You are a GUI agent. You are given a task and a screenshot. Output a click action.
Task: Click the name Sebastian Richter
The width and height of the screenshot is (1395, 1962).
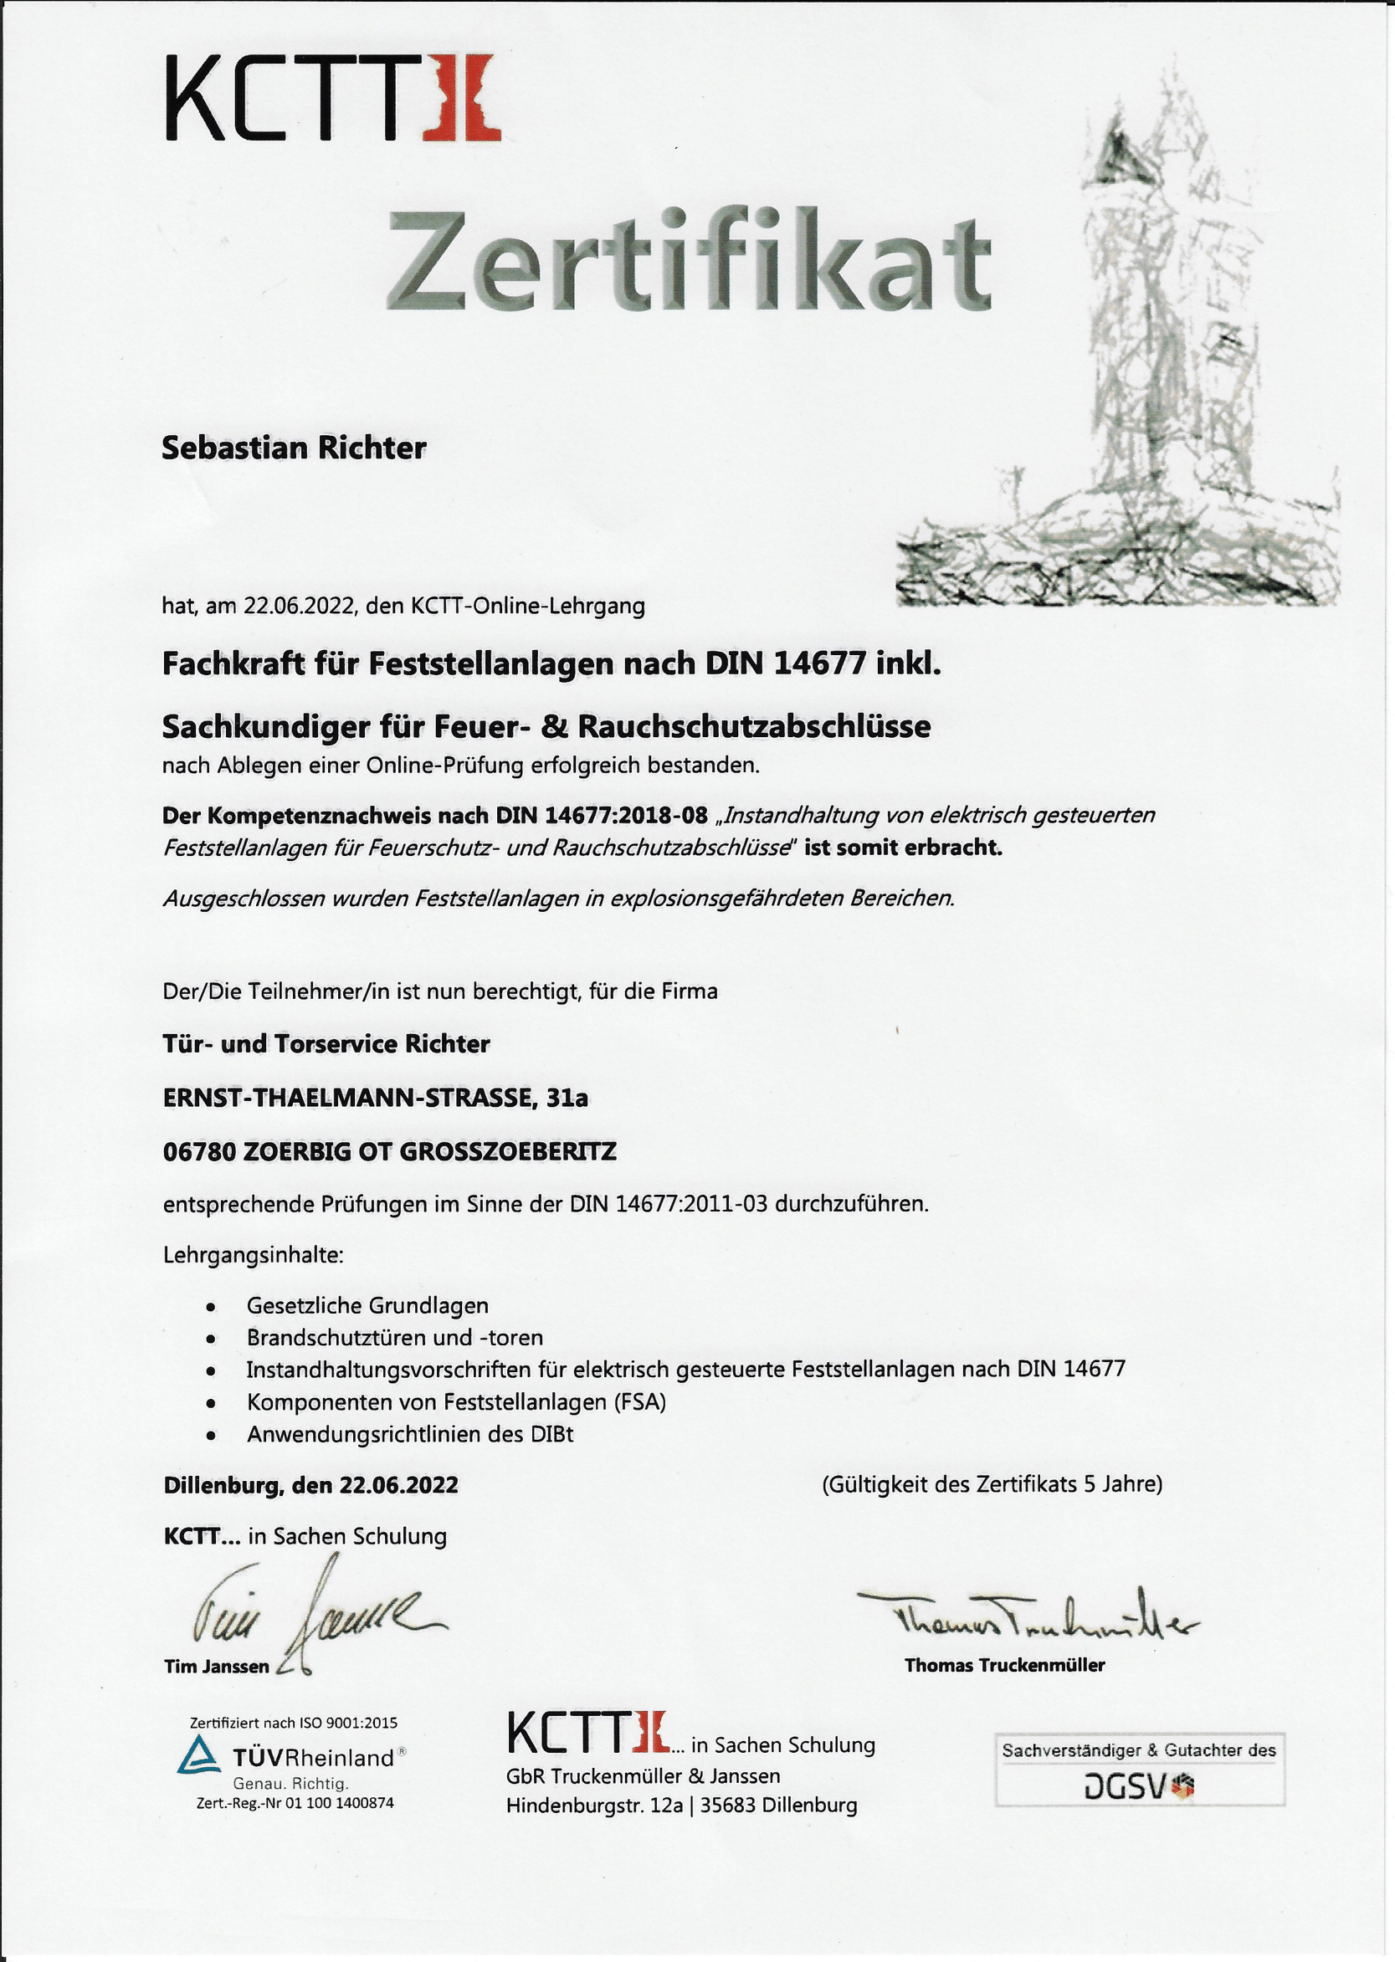click(294, 448)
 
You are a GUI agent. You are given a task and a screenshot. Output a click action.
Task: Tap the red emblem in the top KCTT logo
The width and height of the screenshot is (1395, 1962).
click(462, 97)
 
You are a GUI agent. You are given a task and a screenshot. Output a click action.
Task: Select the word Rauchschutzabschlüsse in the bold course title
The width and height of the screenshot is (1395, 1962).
click(754, 726)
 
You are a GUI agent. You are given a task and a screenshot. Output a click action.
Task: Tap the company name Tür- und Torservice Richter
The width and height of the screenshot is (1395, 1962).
click(326, 1044)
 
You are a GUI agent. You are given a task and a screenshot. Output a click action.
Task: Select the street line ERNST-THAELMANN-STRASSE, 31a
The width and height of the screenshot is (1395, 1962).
click(376, 1098)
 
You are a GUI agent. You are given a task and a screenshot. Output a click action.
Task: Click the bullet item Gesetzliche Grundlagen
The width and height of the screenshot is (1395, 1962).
click(367, 1305)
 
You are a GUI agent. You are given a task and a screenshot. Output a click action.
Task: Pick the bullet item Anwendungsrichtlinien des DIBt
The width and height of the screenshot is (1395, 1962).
click(410, 1434)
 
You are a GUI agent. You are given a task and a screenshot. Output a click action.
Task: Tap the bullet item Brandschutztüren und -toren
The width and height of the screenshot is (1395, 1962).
click(394, 1338)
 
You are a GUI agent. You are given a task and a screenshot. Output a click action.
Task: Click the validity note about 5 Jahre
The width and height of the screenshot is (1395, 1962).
click(992, 1484)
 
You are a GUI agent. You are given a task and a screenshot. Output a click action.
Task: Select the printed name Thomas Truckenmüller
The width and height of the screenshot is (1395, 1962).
click(1004, 1666)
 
